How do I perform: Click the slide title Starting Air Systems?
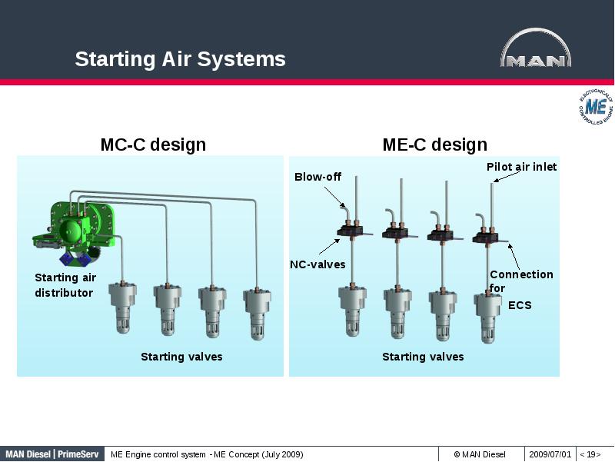tap(180, 59)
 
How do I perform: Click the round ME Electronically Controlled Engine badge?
tap(595, 106)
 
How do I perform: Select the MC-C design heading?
tap(153, 145)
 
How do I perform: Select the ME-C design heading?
tap(434, 145)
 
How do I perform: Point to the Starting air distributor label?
tap(65, 285)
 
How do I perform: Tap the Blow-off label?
tap(317, 177)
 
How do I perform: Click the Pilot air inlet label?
tap(521, 166)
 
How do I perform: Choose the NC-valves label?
tap(317, 264)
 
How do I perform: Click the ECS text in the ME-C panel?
tap(520, 305)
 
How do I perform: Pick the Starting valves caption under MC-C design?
tap(181, 357)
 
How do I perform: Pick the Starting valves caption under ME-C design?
tap(423, 357)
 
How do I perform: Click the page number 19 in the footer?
tap(590, 454)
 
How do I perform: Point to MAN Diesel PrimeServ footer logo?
tap(52, 454)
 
